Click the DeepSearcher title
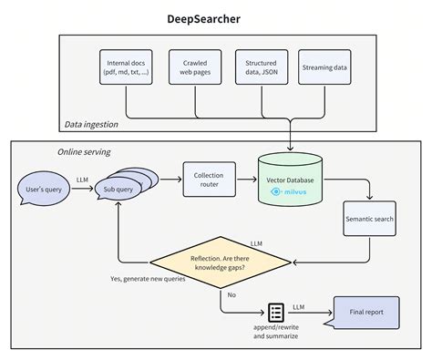pos(215,18)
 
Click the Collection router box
pos(209,179)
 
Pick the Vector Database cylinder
pos(291,180)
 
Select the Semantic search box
pos(370,219)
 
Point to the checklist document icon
pos(274,313)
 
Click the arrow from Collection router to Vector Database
pos(246,180)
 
